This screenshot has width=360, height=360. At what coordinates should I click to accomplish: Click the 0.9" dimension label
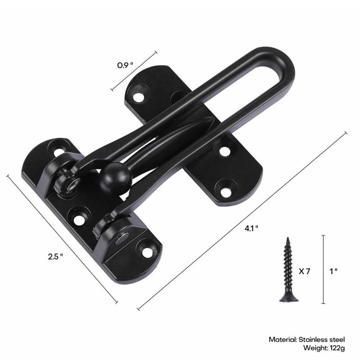point(126,65)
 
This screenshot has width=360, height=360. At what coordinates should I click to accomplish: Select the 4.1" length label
point(252,228)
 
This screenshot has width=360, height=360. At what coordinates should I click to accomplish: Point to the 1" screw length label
point(333,271)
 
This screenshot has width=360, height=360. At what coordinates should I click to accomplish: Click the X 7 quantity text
point(305,271)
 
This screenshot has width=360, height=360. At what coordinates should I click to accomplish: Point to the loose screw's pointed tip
point(286,239)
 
